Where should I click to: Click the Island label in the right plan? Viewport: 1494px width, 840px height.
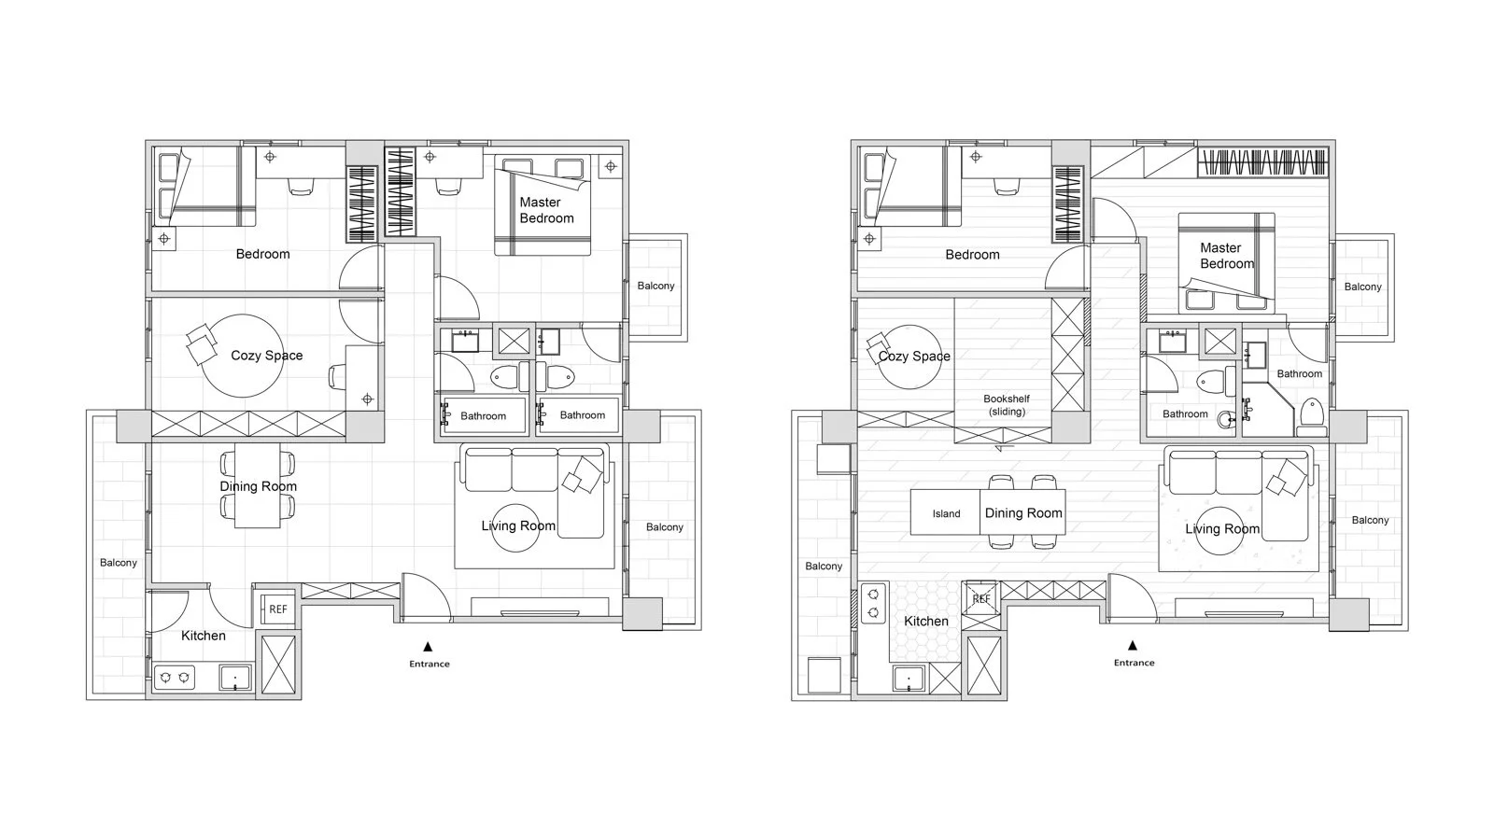[x=947, y=513]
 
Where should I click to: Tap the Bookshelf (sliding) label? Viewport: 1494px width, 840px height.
[x=1007, y=405]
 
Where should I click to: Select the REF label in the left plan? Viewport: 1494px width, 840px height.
[x=278, y=609]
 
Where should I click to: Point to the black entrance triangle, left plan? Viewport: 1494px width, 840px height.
[x=429, y=646]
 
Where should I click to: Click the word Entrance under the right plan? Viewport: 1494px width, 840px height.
[x=1134, y=663]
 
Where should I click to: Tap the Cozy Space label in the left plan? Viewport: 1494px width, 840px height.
[x=267, y=356]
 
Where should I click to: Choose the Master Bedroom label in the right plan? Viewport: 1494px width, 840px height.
[x=1227, y=256]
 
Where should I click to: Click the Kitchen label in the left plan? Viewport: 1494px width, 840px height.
[x=204, y=636]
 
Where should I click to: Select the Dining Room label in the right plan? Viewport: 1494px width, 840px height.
[x=1023, y=512]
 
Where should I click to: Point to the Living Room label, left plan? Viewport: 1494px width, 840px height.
[x=518, y=525]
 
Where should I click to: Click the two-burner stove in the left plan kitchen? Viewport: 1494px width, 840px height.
[x=175, y=678]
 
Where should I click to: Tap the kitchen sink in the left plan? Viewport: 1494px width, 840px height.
[x=235, y=678]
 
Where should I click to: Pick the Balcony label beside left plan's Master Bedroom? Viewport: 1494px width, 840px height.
[x=655, y=286]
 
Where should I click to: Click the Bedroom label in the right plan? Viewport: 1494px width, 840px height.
[x=972, y=254]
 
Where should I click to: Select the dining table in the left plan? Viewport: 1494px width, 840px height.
[x=258, y=485]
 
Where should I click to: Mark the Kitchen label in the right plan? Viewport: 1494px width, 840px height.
[x=925, y=621]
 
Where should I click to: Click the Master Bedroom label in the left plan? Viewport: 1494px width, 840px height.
[x=546, y=210]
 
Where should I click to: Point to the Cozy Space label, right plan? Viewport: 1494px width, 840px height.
[x=914, y=356]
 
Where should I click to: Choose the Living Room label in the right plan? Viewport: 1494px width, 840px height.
[x=1222, y=528]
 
